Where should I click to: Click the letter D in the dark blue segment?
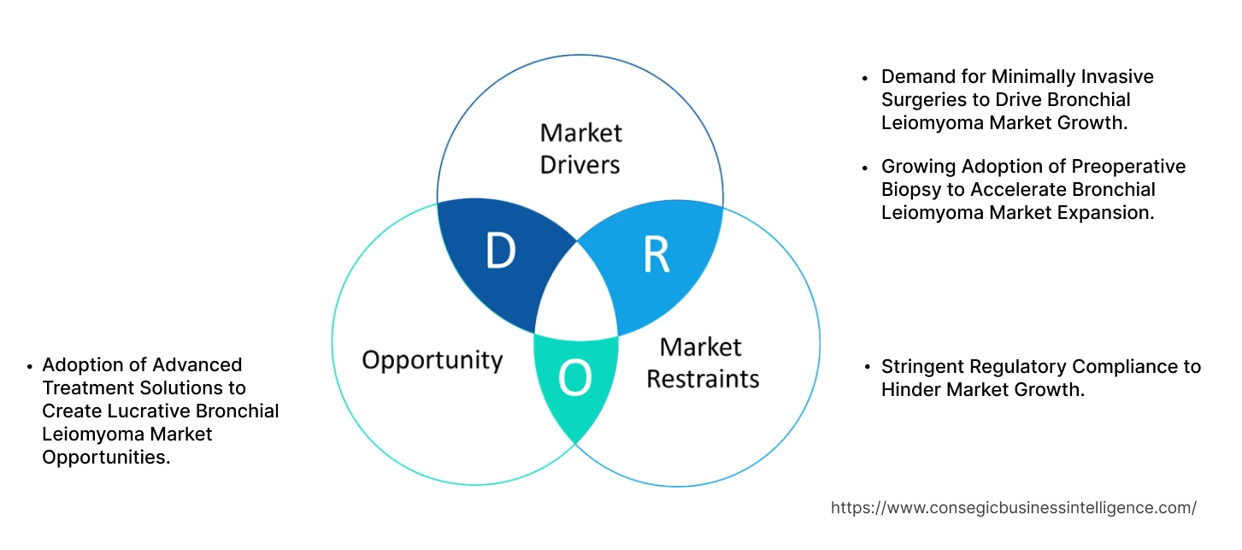click(500, 251)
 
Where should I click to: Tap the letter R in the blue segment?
click(656, 255)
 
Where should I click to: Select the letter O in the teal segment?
click(574, 378)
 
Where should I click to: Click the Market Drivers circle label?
click(580, 148)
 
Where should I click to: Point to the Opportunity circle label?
click(432, 359)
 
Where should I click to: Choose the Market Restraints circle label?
click(702, 362)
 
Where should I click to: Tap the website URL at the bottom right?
click(1013, 507)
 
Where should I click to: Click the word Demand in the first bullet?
click(916, 77)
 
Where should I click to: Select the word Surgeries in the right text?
click(919, 100)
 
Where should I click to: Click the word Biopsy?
click(909, 189)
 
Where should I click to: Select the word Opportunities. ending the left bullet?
click(106, 457)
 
